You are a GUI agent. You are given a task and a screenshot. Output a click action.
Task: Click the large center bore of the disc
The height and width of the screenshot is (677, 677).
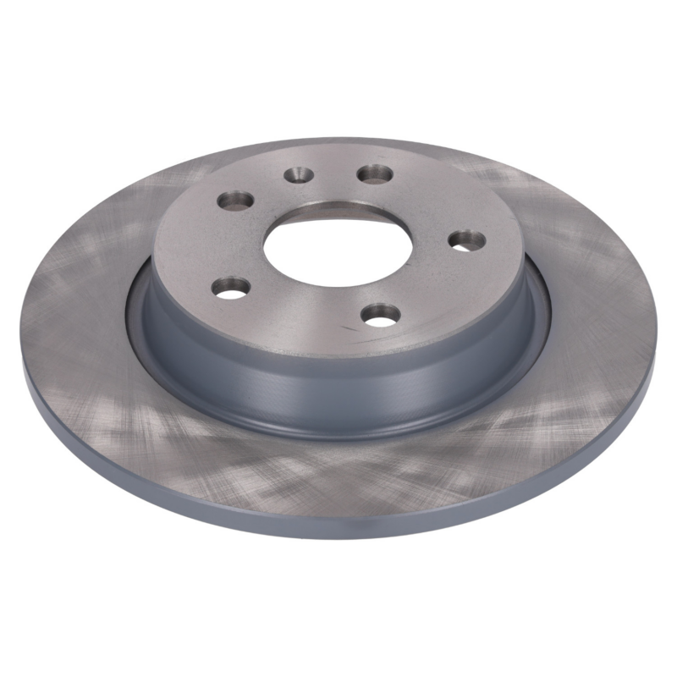coord(337,246)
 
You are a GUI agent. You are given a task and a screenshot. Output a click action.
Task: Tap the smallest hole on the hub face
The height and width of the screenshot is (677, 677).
coord(298,175)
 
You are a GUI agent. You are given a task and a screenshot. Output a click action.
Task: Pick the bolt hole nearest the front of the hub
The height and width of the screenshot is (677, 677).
coord(381,315)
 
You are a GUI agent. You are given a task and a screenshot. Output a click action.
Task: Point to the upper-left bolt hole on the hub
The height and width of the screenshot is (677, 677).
coord(235,201)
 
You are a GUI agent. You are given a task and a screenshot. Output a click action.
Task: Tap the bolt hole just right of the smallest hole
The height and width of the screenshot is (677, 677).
coord(374,174)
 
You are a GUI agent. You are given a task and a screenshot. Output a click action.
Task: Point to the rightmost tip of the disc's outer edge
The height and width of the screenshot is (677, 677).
coord(654,355)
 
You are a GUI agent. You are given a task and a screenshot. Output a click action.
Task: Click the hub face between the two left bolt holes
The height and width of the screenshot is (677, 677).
coord(212,245)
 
